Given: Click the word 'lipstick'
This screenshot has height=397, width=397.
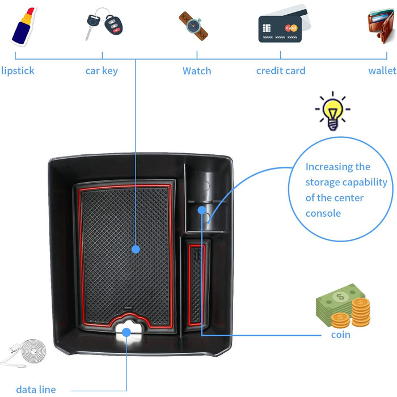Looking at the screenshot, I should coord(18,71).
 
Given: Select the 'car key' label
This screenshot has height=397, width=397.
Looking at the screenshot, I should coord(102,71).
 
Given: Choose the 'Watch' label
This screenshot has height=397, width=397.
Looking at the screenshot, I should coord(197,71).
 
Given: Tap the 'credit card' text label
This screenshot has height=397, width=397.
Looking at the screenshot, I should coord(281,71).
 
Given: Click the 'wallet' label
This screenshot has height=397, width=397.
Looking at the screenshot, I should coord(382,71).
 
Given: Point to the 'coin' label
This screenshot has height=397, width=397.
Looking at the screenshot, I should coord(341,335).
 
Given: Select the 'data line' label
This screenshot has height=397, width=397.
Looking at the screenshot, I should coord(36,389).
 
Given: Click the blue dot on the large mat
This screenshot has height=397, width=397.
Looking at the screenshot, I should coord(136,248).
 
